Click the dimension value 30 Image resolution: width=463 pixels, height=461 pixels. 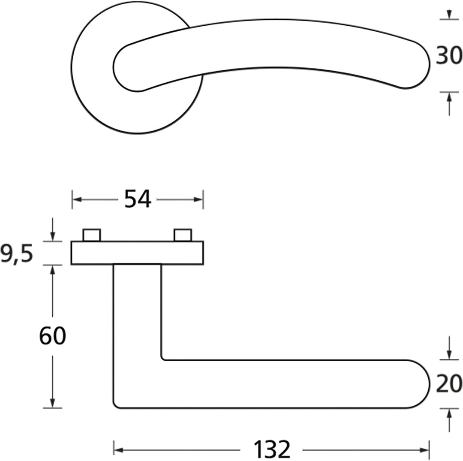click(x=449, y=55)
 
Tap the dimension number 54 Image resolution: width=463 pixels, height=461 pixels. click(x=138, y=199)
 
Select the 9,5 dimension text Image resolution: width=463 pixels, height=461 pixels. click(x=17, y=254)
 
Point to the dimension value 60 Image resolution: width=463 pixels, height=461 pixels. click(x=53, y=336)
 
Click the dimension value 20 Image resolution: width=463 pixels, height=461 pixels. click(x=449, y=384)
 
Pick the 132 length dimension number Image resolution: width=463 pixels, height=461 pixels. click(x=272, y=449)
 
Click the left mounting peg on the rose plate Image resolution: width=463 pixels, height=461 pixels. click(x=92, y=235)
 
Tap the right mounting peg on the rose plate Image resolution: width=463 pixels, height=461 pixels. click(x=183, y=235)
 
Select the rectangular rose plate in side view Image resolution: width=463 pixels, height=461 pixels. click(x=137, y=253)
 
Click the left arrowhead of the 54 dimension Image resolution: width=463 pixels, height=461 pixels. click(x=77, y=200)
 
